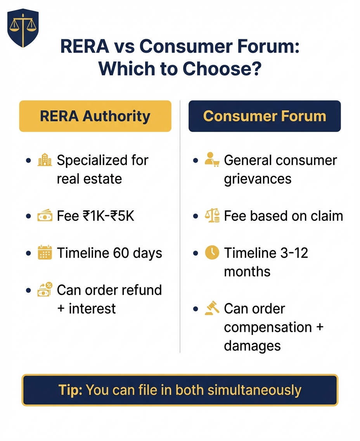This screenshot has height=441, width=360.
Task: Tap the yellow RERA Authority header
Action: point(95,116)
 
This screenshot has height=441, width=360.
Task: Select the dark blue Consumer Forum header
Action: point(265,116)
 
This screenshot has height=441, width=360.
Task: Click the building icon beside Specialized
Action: point(45,160)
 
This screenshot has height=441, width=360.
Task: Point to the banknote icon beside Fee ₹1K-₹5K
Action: point(45,216)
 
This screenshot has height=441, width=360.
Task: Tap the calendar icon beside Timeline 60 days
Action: point(45,253)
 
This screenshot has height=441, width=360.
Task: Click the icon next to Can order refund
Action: point(45,290)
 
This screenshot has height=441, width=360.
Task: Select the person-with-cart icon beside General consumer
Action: point(212,160)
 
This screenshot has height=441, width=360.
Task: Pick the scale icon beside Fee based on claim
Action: point(212,216)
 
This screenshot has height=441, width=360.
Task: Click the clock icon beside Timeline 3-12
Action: point(212,253)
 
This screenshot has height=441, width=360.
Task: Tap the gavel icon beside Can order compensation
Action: point(212,309)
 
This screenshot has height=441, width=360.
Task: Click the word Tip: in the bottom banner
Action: point(70,390)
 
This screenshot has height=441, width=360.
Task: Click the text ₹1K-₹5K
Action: point(109,216)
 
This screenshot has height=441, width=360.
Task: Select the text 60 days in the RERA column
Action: point(138,253)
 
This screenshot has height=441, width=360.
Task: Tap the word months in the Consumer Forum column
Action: point(247,272)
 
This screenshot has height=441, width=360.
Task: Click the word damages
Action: point(252,346)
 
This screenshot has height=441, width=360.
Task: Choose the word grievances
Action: point(258,179)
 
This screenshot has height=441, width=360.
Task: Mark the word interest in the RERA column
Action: point(92,309)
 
